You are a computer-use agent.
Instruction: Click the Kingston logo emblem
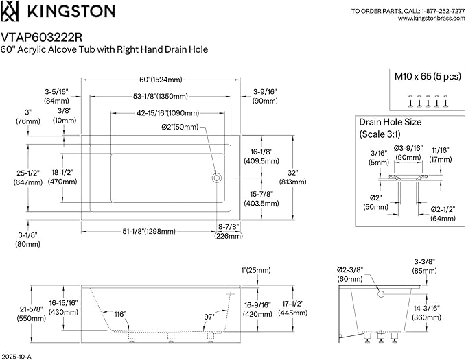tap(10, 11)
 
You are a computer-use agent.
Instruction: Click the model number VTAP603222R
tap(42, 38)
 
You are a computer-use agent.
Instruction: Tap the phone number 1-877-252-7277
tap(443, 11)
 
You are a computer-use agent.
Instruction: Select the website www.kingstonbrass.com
tap(432, 19)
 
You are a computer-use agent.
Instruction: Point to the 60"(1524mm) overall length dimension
tap(161, 80)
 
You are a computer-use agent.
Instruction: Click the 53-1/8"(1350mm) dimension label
tap(161, 96)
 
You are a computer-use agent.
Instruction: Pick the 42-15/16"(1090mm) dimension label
tap(168, 113)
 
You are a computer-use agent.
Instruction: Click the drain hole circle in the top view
tap(216, 178)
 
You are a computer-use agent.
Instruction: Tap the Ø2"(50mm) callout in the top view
tap(180, 127)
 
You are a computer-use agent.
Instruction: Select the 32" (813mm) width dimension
tap(293, 178)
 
